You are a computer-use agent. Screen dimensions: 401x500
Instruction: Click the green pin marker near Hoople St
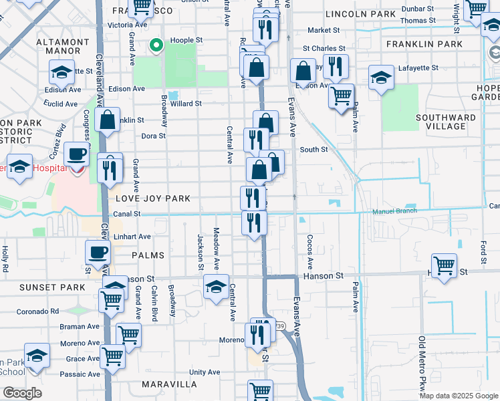coord(156,45)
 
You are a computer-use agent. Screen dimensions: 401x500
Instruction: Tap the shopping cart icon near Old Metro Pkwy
coord(444,267)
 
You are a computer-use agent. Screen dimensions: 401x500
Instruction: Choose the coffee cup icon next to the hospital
coord(77,155)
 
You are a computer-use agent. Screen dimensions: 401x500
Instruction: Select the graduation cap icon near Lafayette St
coord(381,79)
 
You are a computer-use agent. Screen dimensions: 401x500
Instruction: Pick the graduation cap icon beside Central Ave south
coord(216,288)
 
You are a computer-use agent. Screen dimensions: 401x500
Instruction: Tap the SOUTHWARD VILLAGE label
coord(441,122)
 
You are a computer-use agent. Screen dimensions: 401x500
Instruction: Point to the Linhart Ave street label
coord(132,237)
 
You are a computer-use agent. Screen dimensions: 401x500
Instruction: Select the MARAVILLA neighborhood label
coord(169,384)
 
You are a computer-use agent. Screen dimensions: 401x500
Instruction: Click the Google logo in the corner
coord(22,393)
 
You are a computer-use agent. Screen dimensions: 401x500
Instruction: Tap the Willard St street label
coord(186,104)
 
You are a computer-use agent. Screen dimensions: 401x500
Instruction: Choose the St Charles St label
coord(324,49)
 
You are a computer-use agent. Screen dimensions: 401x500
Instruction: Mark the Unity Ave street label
coord(204,372)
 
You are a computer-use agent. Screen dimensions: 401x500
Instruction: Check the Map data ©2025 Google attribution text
coord(458,396)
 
